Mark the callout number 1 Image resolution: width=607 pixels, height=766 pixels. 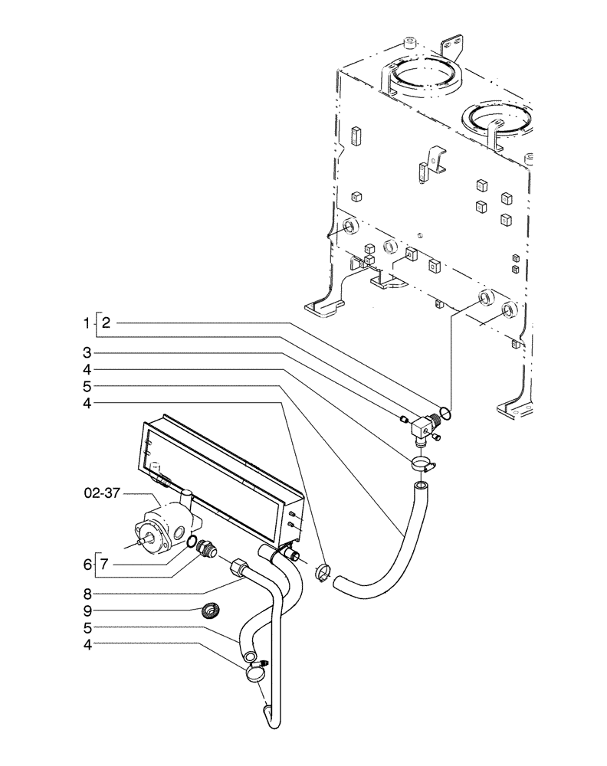pyautogui.click(x=87, y=324)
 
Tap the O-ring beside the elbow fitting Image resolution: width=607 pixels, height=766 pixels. pyautogui.click(x=446, y=414)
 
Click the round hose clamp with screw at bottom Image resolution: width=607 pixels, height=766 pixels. pyautogui.click(x=254, y=673)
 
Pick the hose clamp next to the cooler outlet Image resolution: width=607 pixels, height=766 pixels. pyautogui.click(x=323, y=571)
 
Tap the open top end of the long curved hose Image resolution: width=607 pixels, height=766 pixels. pyautogui.click(x=421, y=486)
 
